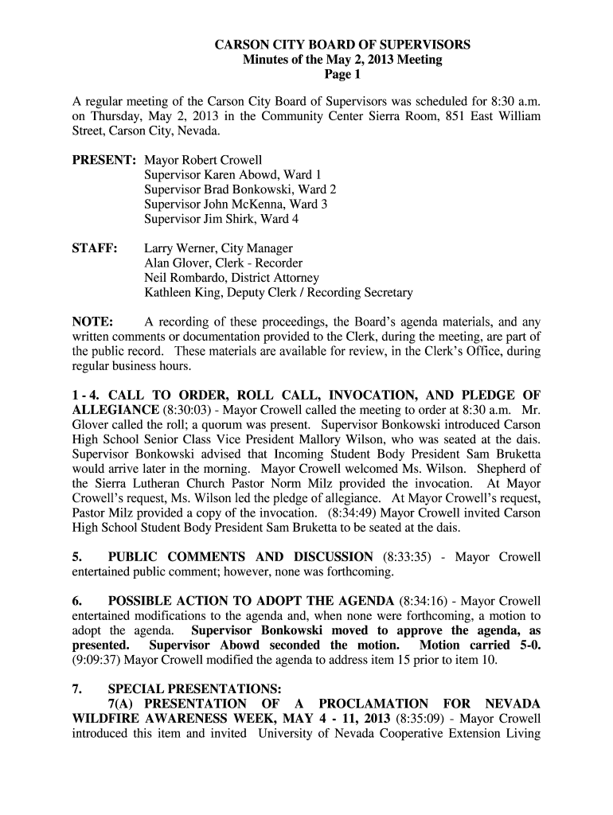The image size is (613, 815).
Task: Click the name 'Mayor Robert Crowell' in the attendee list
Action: [203, 160]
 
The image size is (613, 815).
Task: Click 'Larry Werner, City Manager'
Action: [218, 248]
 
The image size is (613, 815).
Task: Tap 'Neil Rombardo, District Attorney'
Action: [232, 278]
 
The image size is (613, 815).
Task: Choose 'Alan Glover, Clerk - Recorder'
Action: [223, 263]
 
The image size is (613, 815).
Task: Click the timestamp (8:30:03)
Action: [188, 410]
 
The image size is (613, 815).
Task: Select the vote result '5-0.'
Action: [525, 645]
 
